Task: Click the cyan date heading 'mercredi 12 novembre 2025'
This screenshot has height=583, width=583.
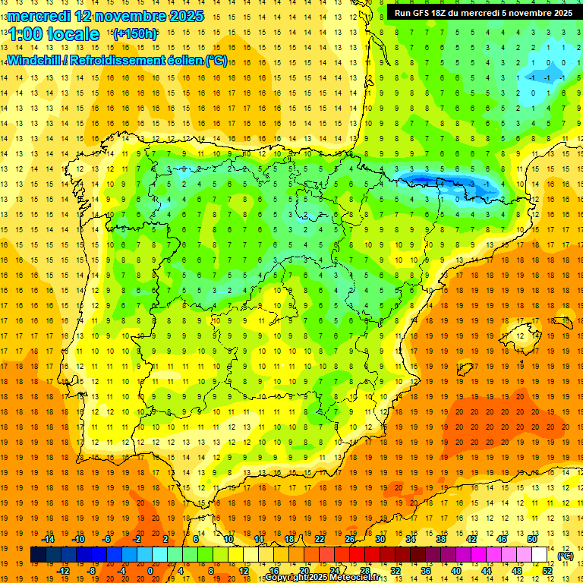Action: (x=106, y=16)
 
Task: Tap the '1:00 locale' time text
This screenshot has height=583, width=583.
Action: (x=54, y=34)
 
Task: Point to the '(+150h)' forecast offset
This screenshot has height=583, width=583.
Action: (x=134, y=34)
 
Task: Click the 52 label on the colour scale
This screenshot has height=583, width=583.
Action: (x=547, y=570)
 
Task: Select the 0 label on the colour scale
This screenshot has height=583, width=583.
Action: (x=150, y=570)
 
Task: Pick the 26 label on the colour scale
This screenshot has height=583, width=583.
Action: (x=350, y=538)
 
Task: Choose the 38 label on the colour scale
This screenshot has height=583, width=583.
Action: (x=441, y=538)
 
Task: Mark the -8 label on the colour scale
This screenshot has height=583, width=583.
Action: (x=91, y=570)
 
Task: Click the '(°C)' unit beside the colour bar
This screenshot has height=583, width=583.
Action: (x=566, y=555)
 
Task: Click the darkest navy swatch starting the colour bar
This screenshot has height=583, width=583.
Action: (x=38, y=554)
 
